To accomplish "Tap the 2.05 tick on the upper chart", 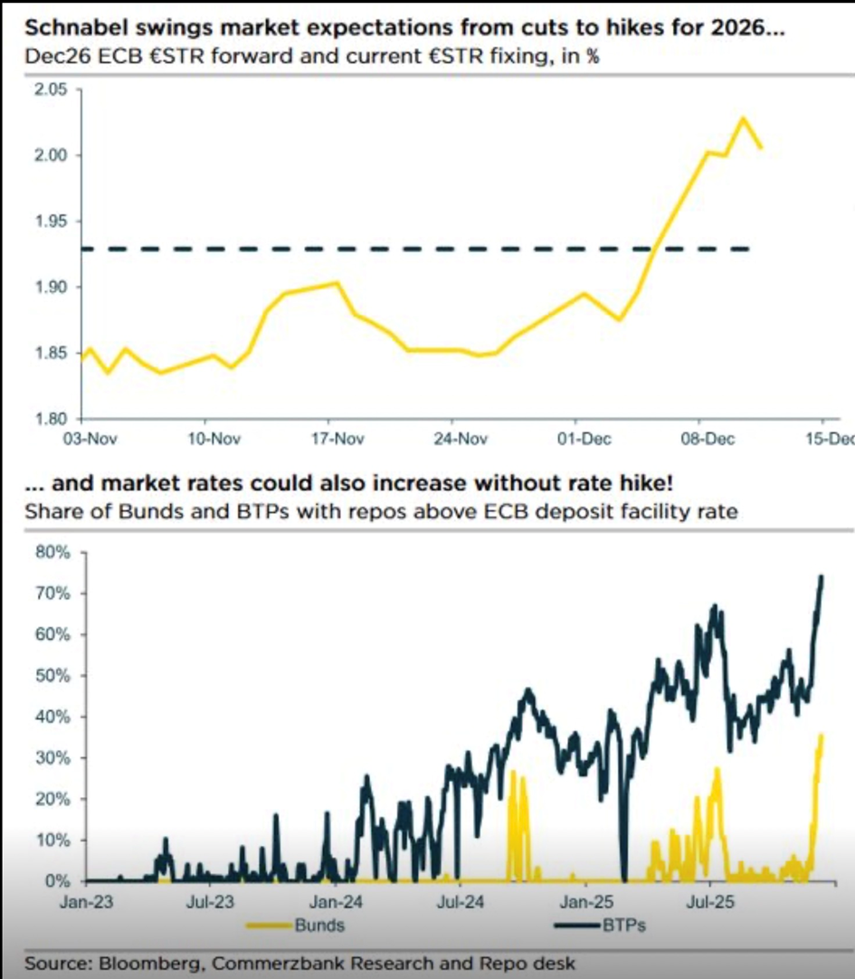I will (51, 90).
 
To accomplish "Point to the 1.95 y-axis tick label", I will (51, 222).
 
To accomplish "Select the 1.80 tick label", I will (51, 419).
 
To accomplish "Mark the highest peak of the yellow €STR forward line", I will (743, 118).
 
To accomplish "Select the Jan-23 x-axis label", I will (83, 901).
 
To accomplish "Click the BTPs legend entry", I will (624, 926).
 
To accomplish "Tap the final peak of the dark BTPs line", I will (822, 575).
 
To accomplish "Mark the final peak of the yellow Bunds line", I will (822, 735).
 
